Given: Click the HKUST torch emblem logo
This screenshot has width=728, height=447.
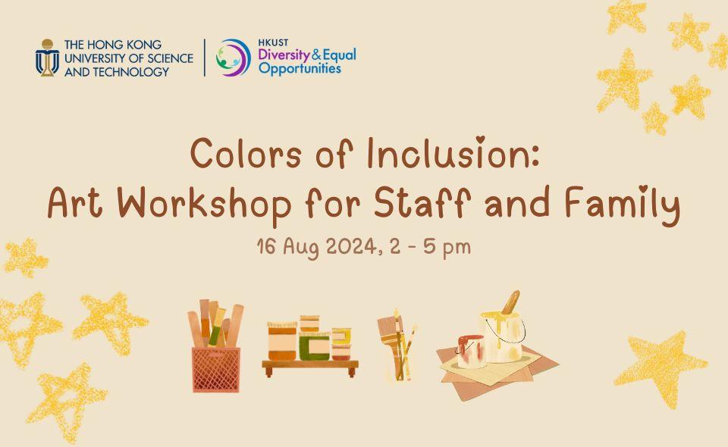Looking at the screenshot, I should pos(47,58).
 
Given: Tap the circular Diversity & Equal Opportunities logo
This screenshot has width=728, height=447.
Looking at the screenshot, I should pos(233,58).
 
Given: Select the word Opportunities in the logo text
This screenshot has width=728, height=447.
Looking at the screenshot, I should pos(300,68).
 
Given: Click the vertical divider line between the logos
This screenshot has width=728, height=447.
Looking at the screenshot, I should pos(204,58).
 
